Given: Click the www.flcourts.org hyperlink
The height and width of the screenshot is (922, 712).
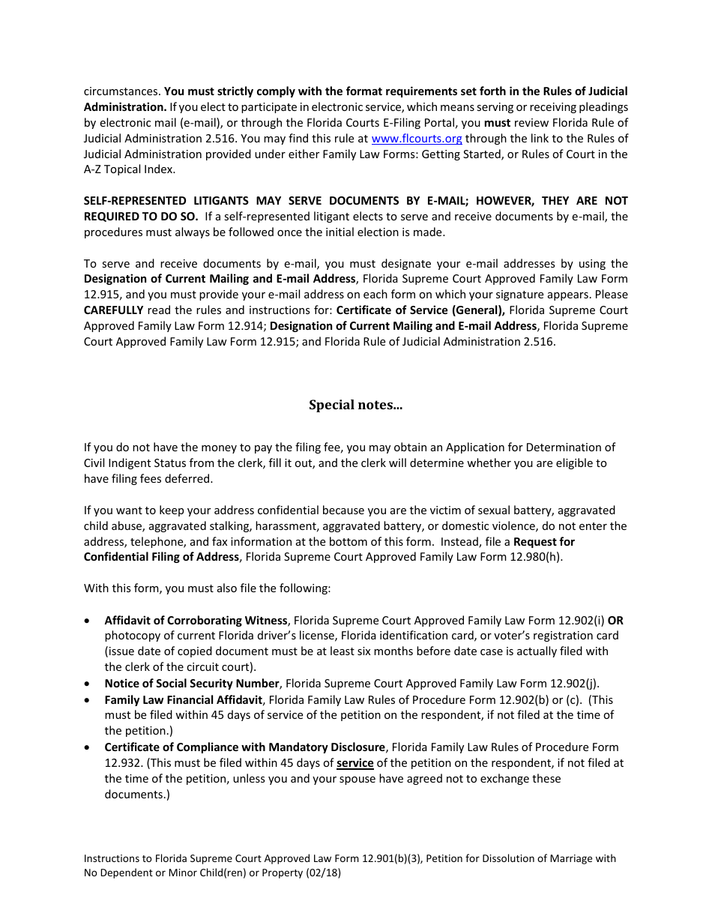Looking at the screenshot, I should pos(417,139).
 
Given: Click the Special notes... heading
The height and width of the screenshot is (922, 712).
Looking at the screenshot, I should pos(355,405).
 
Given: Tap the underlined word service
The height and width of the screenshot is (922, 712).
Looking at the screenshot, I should pos(355,763).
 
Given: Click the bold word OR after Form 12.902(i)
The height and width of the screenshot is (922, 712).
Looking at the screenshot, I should pos(615,621).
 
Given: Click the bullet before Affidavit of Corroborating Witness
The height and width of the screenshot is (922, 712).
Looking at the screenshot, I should pos(89,621).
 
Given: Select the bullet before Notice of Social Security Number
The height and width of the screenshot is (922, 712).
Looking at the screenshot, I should pos(89,684).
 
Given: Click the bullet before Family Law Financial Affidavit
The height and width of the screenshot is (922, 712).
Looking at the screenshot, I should pos(89,700).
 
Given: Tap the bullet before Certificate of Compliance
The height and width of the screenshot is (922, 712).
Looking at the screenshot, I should pos(89,747).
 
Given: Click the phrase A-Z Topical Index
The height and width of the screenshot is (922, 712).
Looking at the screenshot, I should pos(129,169).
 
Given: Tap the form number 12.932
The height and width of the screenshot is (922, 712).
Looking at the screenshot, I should pos(121,763).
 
